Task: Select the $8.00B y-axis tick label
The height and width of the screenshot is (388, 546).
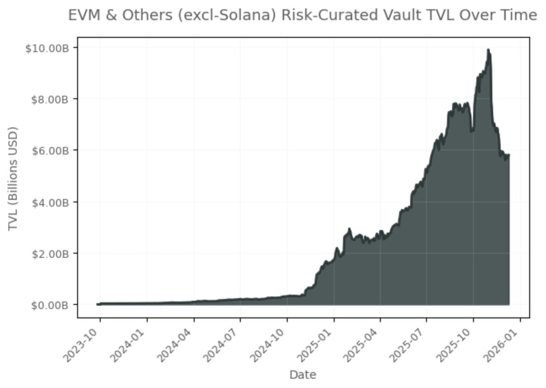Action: point(51,99)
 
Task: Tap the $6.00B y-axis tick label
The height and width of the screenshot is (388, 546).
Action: point(51,150)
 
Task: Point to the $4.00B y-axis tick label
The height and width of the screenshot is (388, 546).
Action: point(51,202)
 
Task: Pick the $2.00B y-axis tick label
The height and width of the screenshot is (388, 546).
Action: point(51,253)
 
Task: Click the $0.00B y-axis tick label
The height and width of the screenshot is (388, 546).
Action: point(51,305)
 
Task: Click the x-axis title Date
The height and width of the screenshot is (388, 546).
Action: point(303,375)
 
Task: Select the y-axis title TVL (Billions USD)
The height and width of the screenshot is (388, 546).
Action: point(13,177)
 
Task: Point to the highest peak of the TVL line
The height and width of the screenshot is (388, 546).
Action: point(488,50)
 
